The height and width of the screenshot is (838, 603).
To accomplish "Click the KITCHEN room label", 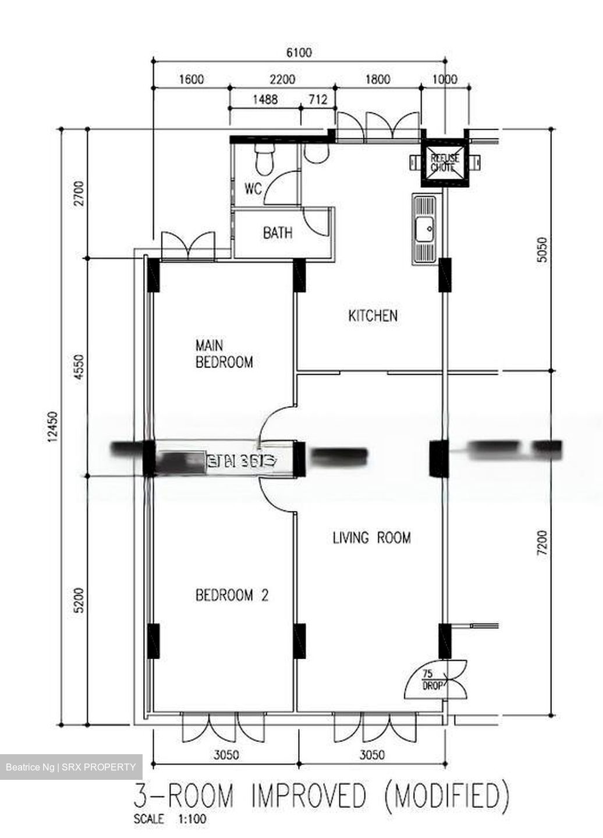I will [373, 316].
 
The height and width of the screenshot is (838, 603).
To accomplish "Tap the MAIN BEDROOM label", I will [224, 354].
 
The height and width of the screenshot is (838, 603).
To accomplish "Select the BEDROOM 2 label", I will [232, 595].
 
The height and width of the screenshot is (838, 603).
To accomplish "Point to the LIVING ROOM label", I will [371, 538].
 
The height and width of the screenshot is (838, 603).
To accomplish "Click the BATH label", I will [278, 234].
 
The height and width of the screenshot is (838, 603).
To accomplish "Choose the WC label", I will [253, 189].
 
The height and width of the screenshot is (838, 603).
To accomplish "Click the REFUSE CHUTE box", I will [444, 162].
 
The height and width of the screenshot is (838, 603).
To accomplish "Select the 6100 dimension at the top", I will [299, 53].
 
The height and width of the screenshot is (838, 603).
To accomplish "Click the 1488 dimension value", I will [264, 100].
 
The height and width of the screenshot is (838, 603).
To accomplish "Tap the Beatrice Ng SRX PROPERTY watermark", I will [70, 768].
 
